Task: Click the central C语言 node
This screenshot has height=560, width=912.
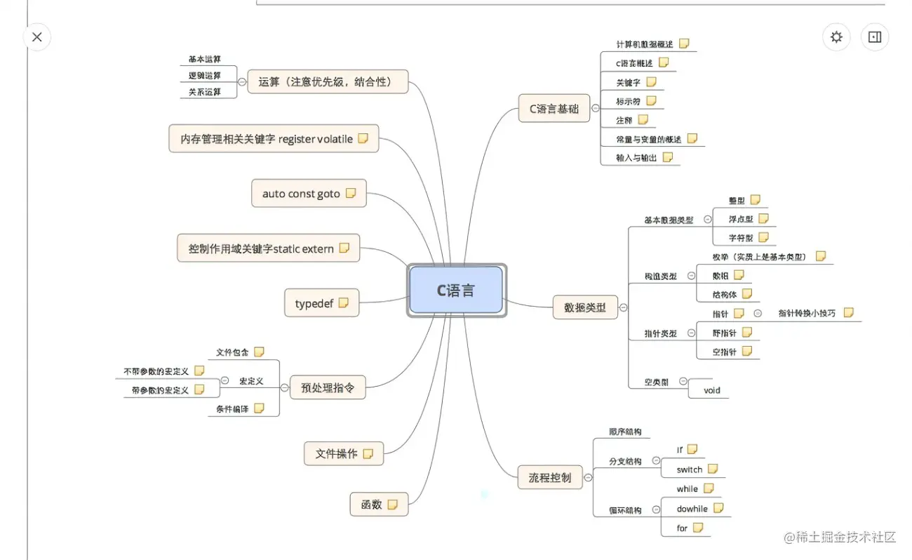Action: coord(456,290)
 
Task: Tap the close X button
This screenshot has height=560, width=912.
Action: coord(37,37)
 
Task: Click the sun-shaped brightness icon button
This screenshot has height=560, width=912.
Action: coord(836,37)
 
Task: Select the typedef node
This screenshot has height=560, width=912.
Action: coord(314,304)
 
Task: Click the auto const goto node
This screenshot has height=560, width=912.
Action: coord(301,194)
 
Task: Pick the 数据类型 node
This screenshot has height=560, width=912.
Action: coord(579,307)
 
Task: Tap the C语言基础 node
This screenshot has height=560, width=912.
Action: coord(554,109)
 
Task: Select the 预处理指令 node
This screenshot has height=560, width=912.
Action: coord(327,387)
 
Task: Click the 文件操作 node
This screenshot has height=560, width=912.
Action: coord(337,454)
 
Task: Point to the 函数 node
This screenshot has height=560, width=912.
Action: coord(371,504)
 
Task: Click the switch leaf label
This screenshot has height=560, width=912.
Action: coord(689,469)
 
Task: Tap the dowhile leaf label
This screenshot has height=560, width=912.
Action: coord(692,509)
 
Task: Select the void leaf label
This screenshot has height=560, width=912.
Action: coord(711,390)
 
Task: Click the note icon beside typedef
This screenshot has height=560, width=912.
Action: coord(344,303)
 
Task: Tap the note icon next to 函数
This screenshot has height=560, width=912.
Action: coord(393,504)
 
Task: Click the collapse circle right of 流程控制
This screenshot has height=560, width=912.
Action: coord(588,478)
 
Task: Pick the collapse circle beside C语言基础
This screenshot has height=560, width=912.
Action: coord(596,109)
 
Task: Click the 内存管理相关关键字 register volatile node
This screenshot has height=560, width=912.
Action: coord(267,139)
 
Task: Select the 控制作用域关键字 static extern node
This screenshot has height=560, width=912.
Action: coord(261,248)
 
